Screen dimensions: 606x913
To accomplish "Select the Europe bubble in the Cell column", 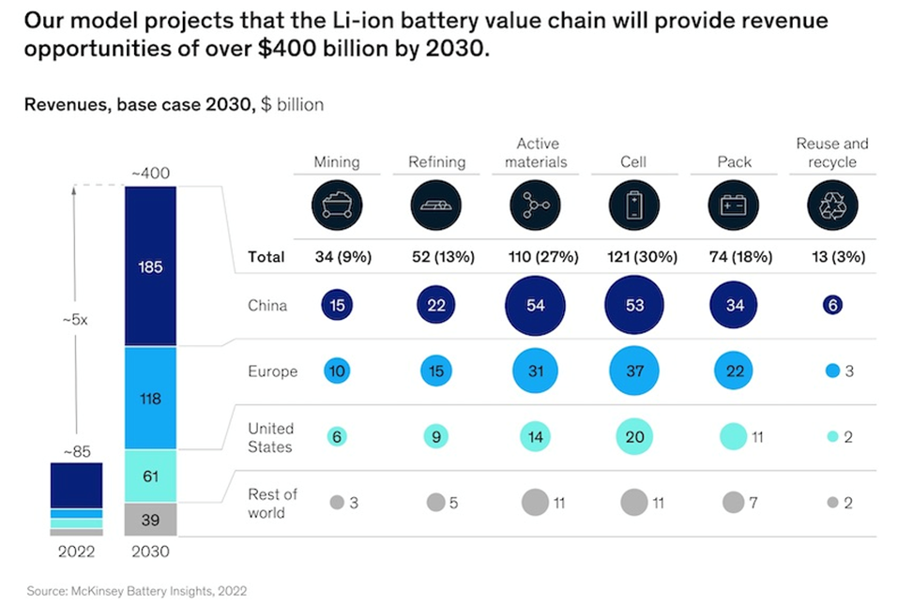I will coord(634,371).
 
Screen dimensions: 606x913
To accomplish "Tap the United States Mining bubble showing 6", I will coord(337,436).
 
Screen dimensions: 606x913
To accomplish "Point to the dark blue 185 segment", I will coord(150,266).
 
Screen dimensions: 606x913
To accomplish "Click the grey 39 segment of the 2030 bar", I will coord(150,519).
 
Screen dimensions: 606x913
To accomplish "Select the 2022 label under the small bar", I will coord(75,552).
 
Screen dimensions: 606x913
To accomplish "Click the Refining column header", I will coord(436,161).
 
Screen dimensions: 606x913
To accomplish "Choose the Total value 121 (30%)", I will coord(634,256).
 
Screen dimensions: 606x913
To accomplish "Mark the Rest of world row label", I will coord(273,503).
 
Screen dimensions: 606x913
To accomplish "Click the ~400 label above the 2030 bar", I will coord(150,174).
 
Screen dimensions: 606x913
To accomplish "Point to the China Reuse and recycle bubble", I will coord(832,306).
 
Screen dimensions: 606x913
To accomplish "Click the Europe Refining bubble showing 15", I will coord(436,371).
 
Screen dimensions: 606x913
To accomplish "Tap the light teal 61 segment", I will coord(150,476).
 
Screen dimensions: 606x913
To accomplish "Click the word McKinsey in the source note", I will coord(101,591).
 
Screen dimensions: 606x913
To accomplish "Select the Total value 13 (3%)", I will coord(832,256).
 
